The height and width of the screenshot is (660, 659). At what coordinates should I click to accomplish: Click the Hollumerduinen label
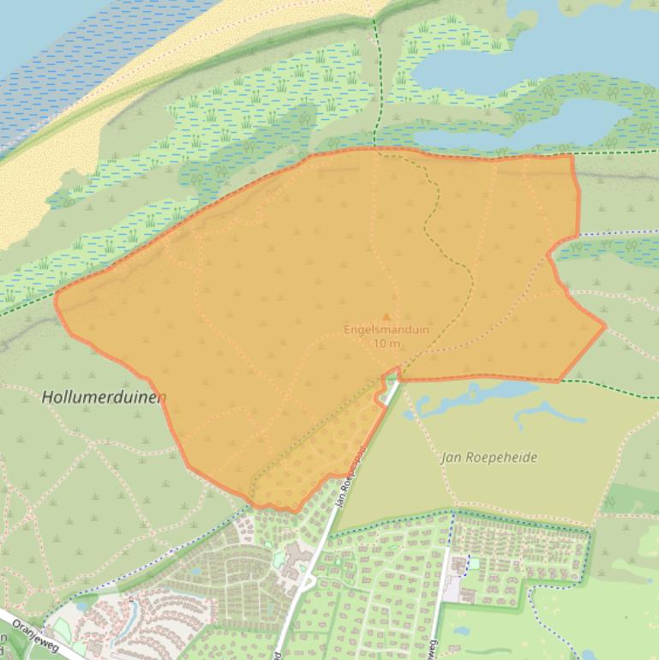[x=104, y=397]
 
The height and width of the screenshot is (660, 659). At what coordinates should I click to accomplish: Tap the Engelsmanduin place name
[x=386, y=329]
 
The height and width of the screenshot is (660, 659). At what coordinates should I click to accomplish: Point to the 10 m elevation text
[x=386, y=344]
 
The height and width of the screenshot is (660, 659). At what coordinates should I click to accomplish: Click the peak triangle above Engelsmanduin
[x=386, y=316]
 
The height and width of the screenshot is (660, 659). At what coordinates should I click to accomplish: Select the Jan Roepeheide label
[x=489, y=457]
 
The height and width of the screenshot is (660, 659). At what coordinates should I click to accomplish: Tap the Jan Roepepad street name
[x=352, y=477]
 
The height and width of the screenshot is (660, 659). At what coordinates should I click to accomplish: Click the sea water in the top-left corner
[x=51, y=34]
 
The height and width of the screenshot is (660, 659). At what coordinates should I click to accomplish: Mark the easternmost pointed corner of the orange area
[x=605, y=325]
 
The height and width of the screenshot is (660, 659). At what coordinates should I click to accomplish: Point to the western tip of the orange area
[x=57, y=301]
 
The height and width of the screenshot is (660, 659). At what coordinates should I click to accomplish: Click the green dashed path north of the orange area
[x=375, y=86]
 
